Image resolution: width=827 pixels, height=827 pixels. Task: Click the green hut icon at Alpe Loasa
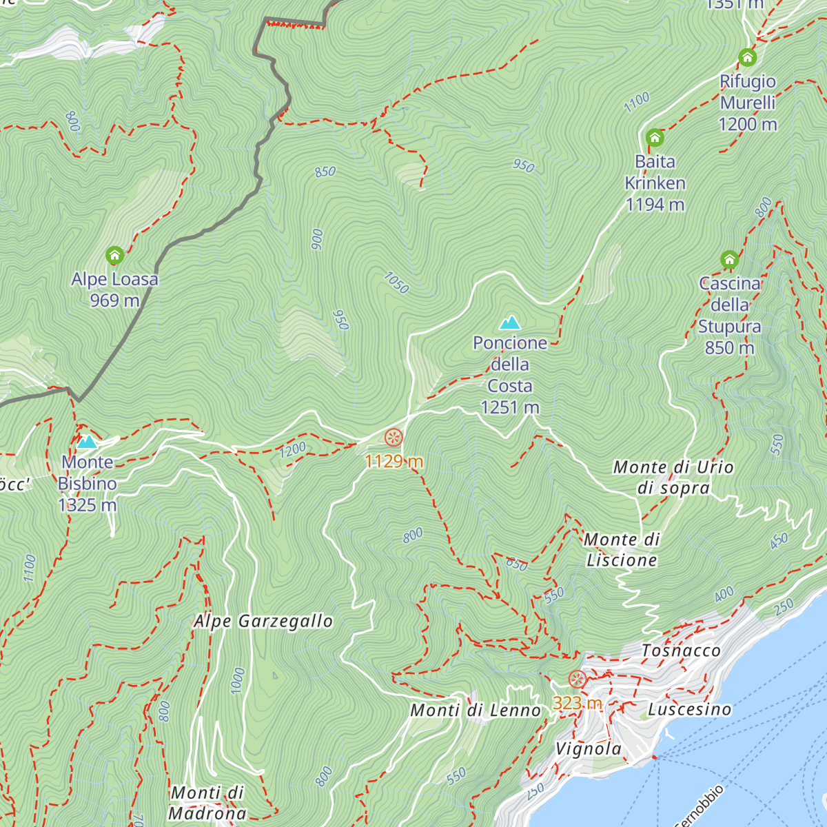click(x=115, y=256)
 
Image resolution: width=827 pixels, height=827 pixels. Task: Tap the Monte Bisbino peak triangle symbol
click(x=87, y=442)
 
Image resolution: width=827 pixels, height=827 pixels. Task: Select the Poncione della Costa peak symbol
click(x=510, y=322)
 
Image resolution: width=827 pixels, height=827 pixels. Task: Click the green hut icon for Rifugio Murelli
click(x=747, y=57)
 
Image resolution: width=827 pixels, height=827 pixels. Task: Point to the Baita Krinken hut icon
click(x=655, y=138)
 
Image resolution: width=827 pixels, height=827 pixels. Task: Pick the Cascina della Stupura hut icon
click(x=729, y=260)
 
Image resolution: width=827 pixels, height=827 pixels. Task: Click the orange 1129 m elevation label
click(x=394, y=461)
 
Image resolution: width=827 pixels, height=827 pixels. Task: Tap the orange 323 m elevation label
click(x=578, y=703)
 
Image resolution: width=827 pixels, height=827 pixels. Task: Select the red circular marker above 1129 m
click(x=394, y=437)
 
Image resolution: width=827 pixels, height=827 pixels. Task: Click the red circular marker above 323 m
click(x=578, y=680)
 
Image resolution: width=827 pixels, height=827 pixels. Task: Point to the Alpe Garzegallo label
click(x=263, y=621)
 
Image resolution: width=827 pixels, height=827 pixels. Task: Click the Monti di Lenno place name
click(x=476, y=710)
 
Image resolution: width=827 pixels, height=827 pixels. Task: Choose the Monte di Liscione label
click(x=622, y=550)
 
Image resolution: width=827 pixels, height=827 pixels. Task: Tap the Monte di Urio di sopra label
click(x=673, y=478)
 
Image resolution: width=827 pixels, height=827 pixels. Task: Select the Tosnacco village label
click(x=681, y=651)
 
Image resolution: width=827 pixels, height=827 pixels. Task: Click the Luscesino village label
click(x=689, y=709)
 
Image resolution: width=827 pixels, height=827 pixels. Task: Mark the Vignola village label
click(x=589, y=749)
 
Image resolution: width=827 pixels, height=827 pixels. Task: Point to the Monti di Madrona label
click(x=207, y=803)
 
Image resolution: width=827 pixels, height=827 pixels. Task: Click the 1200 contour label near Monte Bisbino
click(x=293, y=450)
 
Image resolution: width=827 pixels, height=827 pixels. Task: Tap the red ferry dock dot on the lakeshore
click(x=655, y=757)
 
